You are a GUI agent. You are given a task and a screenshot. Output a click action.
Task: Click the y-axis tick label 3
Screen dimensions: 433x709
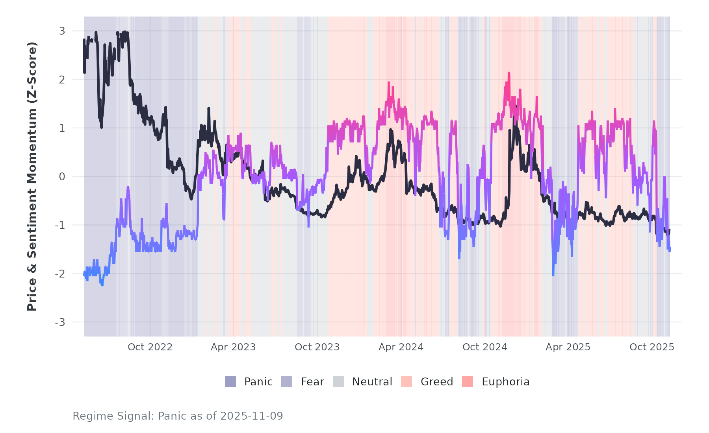(x=62, y=31)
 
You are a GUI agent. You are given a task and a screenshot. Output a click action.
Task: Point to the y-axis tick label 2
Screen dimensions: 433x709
(x=62, y=80)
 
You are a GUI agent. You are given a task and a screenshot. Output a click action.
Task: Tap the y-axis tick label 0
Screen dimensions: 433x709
(x=62, y=177)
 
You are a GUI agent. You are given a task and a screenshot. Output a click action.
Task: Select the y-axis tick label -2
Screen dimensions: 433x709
(x=60, y=274)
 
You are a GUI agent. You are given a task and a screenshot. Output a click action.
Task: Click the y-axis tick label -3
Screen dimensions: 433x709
(x=60, y=322)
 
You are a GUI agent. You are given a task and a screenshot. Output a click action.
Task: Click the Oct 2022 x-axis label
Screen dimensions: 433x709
(x=150, y=347)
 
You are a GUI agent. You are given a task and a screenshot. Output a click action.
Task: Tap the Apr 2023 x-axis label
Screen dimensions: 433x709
(x=233, y=347)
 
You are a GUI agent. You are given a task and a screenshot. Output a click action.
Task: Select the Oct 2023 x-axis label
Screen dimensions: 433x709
(x=317, y=347)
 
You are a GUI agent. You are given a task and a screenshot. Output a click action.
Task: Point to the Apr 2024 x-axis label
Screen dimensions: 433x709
(x=401, y=347)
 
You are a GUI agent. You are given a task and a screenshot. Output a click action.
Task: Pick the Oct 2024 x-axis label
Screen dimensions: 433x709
(x=485, y=347)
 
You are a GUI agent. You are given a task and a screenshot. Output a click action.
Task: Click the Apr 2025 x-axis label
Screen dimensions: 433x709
(x=568, y=347)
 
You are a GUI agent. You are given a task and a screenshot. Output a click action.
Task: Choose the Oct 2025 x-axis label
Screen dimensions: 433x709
(x=652, y=347)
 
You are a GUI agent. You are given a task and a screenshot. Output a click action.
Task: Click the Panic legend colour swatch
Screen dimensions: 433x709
(x=230, y=381)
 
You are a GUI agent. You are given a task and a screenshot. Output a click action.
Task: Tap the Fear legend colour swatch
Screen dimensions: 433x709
(x=287, y=381)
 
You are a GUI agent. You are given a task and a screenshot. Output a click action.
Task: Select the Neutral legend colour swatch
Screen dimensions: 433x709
(x=338, y=381)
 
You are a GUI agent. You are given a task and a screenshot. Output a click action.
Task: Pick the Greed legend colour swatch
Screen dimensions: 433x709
(x=406, y=381)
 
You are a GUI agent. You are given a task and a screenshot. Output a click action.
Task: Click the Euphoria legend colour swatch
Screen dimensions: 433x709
(x=468, y=381)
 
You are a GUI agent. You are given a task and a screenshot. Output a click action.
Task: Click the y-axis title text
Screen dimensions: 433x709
(x=32, y=176)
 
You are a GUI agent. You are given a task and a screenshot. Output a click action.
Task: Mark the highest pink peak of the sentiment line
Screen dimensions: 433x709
(x=509, y=73)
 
